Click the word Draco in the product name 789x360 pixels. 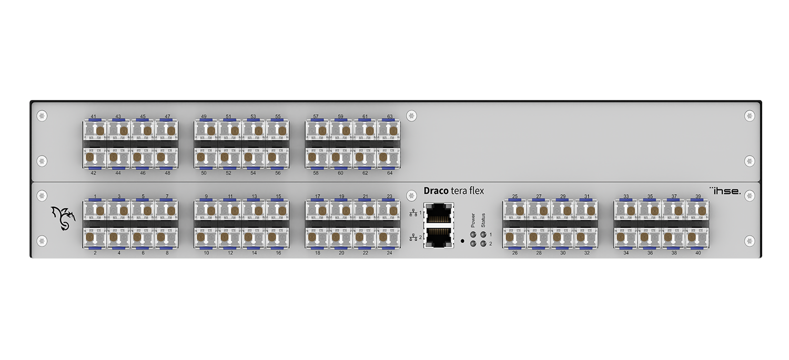[436, 191]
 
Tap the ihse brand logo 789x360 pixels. [725, 191]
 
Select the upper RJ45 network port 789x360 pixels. [439, 213]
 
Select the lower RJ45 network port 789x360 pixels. [439, 237]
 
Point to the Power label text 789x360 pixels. [473, 220]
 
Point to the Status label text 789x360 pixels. [483, 220]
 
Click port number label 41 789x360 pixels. [93, 116]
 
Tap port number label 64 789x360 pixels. [390, 173]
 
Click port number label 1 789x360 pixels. [95, 196]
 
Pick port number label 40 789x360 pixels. [698, 253]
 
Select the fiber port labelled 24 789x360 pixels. [389, 237]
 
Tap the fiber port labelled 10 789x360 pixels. [206, 237]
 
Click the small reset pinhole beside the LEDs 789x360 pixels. [462, 241]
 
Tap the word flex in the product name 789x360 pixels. [477, 191]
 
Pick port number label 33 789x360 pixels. [626, 196]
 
